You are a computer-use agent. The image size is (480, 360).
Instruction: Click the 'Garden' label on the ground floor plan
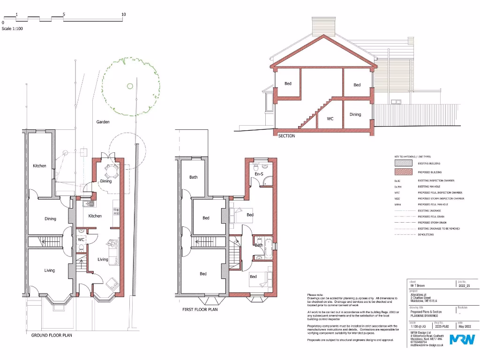pyautogui.click(x=103, y=122)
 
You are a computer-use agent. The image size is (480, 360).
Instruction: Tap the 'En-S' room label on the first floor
pyautogui.click(x=259, y=174)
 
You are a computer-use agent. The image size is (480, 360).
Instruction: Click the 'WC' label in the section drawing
pyautogui.click(x=330, y=119)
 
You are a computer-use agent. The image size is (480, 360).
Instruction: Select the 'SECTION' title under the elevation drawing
pyautogui.click(x=286, y=136)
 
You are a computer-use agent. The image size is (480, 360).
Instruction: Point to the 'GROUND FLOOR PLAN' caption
pyautogui.click(x=52, y=336)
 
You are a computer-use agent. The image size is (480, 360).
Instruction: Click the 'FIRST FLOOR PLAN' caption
pyautogui.click(x=200, y=310)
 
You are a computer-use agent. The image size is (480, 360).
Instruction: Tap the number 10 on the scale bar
pyautogui.click(x=124, y=15)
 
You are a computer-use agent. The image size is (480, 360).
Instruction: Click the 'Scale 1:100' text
pyautogui.click(x=12, y=29)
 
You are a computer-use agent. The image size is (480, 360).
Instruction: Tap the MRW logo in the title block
pyautogui.click(x=462, y=339)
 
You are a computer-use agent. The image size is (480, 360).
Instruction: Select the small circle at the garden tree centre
pyautogui.click(x=130, y=86)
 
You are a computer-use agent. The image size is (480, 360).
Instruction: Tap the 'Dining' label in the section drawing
pyautogui.click(x=355, y=114)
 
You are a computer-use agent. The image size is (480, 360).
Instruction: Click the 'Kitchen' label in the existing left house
pyautogui.click(x=39, y=166)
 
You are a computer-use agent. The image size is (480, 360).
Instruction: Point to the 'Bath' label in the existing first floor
pyautogui.click(x=194, y=177)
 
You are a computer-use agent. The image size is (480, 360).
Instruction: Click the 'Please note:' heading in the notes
pyautogui.click(x=315, y=295)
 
